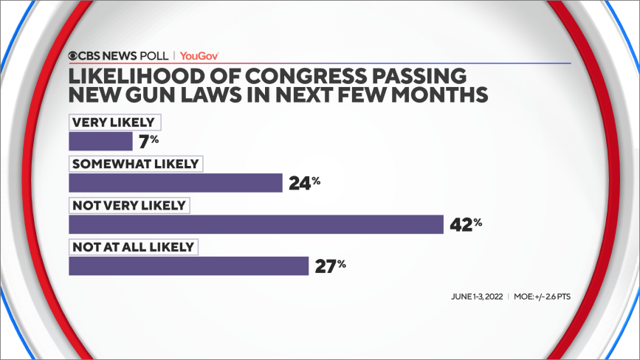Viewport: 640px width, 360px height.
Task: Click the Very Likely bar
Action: click(100, 142)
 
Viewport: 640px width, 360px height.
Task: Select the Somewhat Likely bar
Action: click(176, 183)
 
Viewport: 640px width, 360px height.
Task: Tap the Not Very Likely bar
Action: click(256, 224)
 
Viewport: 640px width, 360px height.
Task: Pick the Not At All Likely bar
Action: click(188, 266)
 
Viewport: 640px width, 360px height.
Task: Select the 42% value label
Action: click(466, 224)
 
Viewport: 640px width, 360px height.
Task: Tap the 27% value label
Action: click(330, 265)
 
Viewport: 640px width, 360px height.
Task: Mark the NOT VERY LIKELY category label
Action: click(129, 205)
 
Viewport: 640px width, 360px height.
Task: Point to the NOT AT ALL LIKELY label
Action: click(132, 246)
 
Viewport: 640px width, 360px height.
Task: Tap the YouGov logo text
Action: click(199, 55)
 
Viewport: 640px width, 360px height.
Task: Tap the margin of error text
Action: click(543, 297)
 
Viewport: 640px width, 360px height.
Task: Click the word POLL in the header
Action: click(155, 55)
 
